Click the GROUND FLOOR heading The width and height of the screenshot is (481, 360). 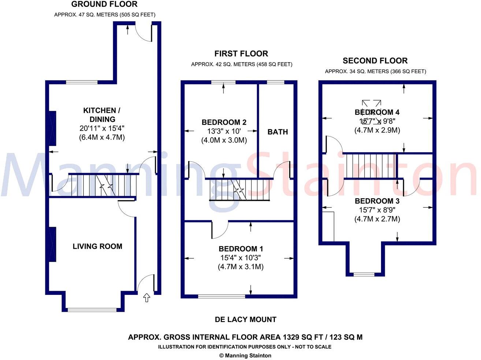[104, 4]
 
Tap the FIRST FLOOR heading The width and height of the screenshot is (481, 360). [241, 54]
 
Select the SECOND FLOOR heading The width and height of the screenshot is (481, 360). [375, 61]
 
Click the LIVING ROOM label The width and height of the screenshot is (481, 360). [97, 246]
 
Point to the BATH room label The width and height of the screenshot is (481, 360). [277, 132]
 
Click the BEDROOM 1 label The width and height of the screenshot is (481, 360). [240, 249]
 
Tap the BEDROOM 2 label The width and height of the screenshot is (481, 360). [224, 122]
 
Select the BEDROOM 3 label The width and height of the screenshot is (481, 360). [377, 201]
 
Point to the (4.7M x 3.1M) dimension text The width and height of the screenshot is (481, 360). [240, 267]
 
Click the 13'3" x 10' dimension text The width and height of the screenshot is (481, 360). [224, 131]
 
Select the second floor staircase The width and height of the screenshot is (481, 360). [371, 166]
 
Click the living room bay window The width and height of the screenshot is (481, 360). [92, 310]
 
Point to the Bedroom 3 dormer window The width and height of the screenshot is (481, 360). [364, 274]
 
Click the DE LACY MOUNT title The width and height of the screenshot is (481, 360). [245, 319]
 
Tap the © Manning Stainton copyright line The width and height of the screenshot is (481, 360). [245, 355]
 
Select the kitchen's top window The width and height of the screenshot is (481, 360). [82, 82]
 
